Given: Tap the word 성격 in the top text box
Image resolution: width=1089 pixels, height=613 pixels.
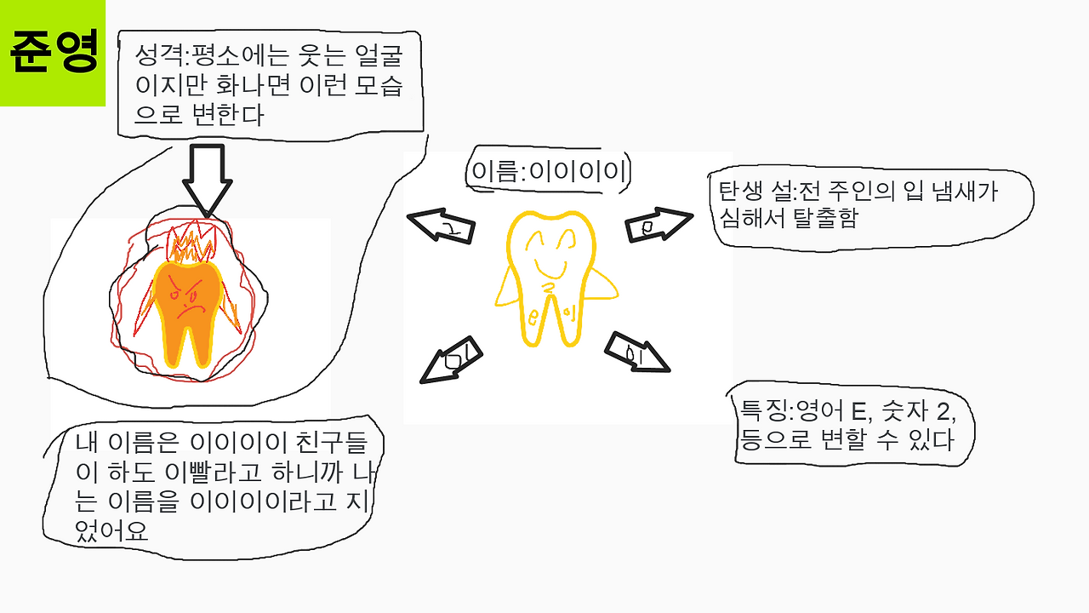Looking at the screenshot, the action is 156,57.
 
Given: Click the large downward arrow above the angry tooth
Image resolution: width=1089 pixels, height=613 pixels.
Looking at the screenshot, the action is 205,179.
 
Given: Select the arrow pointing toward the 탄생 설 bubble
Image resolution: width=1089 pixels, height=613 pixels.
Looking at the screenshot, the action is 659,225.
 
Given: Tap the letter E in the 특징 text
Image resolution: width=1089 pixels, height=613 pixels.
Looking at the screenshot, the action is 858,414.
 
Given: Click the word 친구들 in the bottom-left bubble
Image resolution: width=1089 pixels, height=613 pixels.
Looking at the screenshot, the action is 348,443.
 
